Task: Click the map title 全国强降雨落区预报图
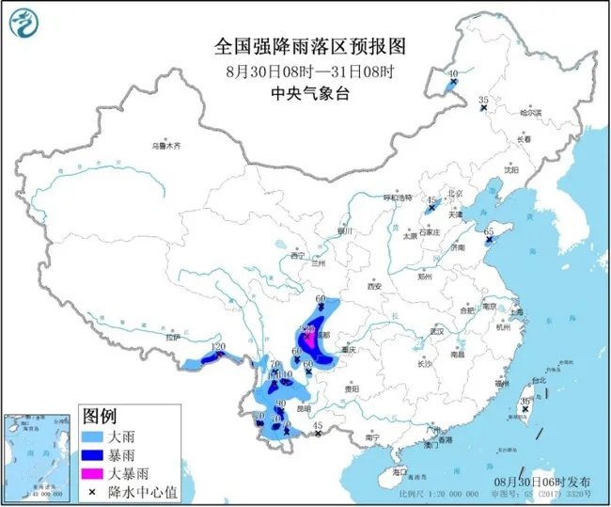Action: click(x=305, y=46)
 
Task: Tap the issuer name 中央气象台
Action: click(x=305, y=92)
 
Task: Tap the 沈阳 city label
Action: click(x=510, y=170)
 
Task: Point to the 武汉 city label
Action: click(x=434, y=331)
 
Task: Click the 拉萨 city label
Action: click(x=172, y=336)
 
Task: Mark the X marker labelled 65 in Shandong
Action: click(x=488, y=242)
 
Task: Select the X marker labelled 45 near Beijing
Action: click(x=431, y=210)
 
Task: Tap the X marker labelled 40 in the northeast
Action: click(x=453, y=83)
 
